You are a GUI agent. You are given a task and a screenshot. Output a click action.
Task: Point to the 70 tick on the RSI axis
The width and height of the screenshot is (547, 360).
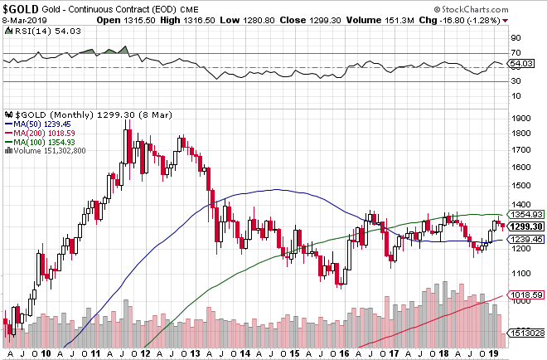click(x=514, y=52)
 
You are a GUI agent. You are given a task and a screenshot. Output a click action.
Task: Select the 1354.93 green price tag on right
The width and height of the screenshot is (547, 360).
click(x=526, y=214)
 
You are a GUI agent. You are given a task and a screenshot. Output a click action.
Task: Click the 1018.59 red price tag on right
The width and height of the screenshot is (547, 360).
click(x=526, y=294)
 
